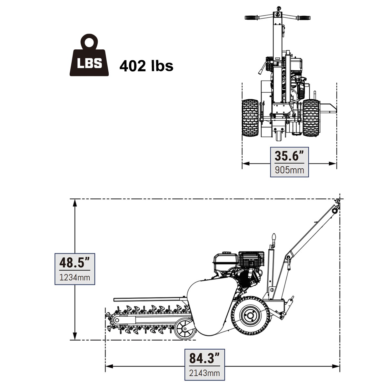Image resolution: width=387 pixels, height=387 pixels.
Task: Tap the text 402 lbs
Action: coord(146,66)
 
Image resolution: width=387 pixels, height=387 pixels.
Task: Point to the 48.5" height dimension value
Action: coord(74,263)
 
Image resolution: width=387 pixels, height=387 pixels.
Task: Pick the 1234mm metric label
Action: coord(74,277)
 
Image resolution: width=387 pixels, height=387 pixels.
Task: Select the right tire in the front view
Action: coord(311,118)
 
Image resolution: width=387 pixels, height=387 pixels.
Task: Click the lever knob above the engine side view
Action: coord(274,238)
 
